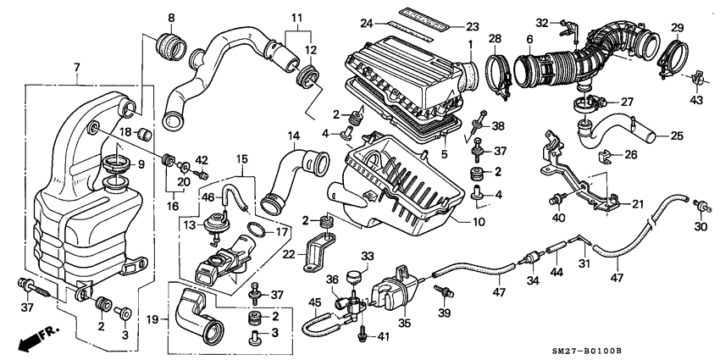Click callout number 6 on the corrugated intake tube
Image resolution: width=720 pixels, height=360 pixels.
(529, 38)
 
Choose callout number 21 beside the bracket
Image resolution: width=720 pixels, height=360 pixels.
(638, 204)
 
